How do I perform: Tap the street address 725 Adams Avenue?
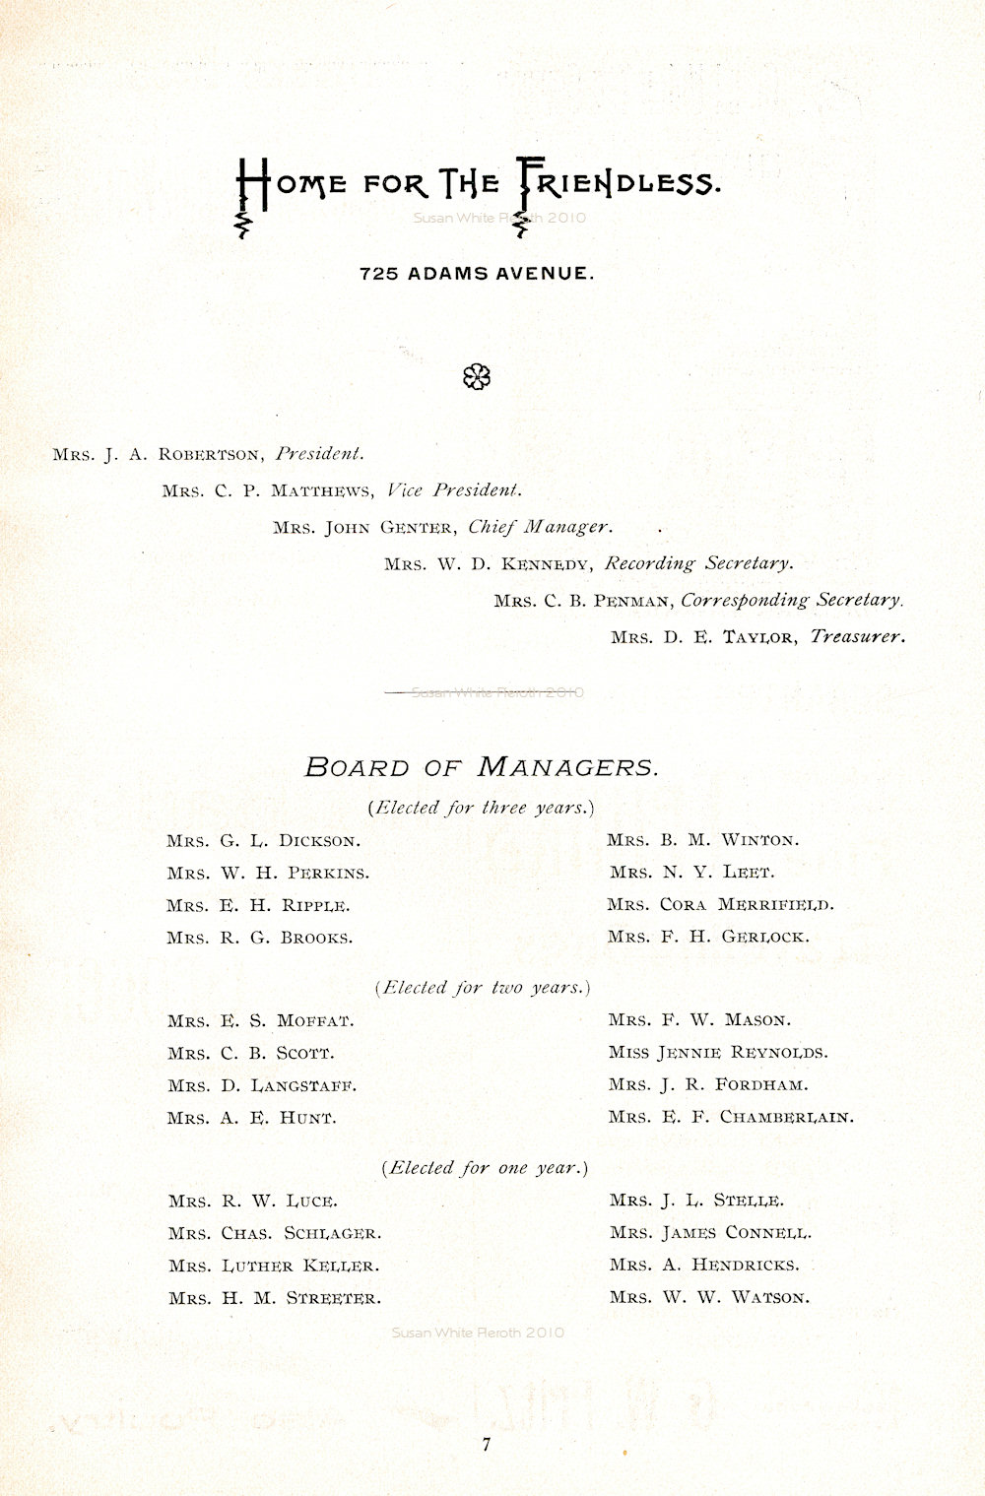tap(478, 274)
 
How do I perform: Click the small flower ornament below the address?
tap(478, 376)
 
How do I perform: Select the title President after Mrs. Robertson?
tap(320, 454)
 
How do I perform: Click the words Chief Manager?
tap(540, 527)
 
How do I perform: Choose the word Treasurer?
tap(857, 636)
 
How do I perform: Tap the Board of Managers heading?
tap(481, 767)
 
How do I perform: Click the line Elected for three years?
tap(482, 808)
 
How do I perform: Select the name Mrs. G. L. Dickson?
tap(264, 841)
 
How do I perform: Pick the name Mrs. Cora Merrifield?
tap(720, 904)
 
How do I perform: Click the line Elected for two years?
tap(482, 987)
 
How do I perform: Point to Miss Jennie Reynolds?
tap(718, 1052)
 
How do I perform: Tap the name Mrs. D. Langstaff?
tap(262, 1086)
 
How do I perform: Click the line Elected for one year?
tap(484, 1168)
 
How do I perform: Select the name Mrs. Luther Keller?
tap(274, 1266)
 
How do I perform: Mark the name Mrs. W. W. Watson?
tap(709, 1297)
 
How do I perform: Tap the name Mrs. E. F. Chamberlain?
tap(731, 1117)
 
